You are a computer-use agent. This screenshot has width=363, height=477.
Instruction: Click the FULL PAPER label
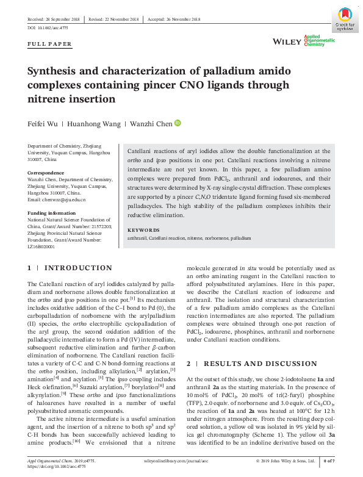[50, 44]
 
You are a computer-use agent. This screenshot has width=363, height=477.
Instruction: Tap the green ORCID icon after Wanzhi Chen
[178, 123]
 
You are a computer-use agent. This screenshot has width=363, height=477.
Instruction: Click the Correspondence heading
[47, 173]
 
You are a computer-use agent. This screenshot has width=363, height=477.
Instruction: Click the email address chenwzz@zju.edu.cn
[57, 199]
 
